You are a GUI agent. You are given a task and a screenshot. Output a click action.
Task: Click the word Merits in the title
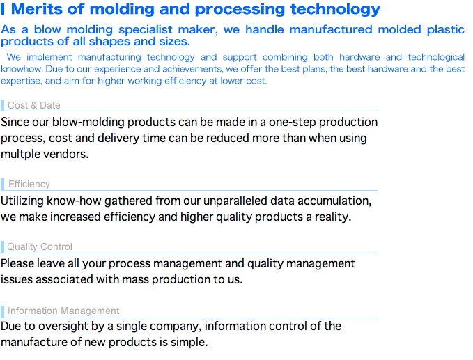pyautogui.click(x=36, y=9)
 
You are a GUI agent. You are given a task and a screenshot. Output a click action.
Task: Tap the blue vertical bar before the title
pyautogui.click(x=2, y=9)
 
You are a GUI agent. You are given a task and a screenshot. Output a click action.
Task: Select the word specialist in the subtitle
pyautogui.click(x=146, y=30)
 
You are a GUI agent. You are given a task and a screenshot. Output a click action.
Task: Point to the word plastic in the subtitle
pyautogui.click(x=446, y=30)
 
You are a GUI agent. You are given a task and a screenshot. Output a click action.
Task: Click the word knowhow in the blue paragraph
pyautogui.click(x=22, y=69)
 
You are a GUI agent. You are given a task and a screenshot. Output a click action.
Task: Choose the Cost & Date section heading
pyautogui.click(x=33, y=105)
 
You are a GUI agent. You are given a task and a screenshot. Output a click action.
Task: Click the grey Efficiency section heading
pyautogui.click(x=29, y=184)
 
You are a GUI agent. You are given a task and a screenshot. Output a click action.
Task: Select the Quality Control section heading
pyautogui.click(x=40, y=246)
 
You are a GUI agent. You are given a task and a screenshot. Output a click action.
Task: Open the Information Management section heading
pyautogui.click(x=63, y=311)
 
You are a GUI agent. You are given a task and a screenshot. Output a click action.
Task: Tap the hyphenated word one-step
pyautogui.click(x=293, y=122)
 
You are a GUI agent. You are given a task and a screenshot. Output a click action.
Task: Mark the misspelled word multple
pyautogui.click(x=20, y=154)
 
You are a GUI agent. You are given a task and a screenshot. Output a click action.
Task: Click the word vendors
pyautogui.click(x=66, y=154)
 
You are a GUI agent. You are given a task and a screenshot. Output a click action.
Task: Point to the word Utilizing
pyautogui.click(x=22, y=201)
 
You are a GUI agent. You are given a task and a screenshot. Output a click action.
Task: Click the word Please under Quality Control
pyautogui.click(x=17, y=263)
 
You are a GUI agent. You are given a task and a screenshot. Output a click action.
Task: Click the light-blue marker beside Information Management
pyautogui.click(x=2, y=311)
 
